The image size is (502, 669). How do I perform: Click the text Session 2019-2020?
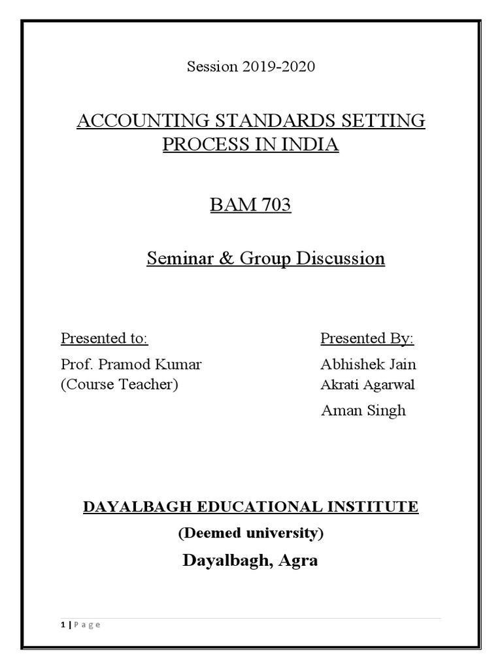pyautogui.click(x=251, y=67)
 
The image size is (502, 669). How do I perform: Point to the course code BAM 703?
pyautogui.click(x=250, y=205)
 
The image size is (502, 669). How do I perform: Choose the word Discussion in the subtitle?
pyautogui.click(x=341, y=259)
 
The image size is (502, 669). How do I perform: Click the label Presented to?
pyautogui.click(x=105, y=338)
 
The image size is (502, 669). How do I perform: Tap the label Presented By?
pyautogui.click(x=367, y=338)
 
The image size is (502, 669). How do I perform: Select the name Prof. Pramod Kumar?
pyautogui.click(x=131, y=365)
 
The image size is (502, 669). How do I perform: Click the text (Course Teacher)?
pyautogui.click(x=120, y=384)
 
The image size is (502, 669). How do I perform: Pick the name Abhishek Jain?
pyautogui.click(x=368, y=365)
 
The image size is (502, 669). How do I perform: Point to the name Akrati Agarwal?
pyautogui.click(x=367, y=385)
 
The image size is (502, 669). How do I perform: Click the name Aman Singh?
pyautogui.click(x=363, y=410)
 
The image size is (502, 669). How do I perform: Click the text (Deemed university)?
pyautogui.click(x=251, y=533)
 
